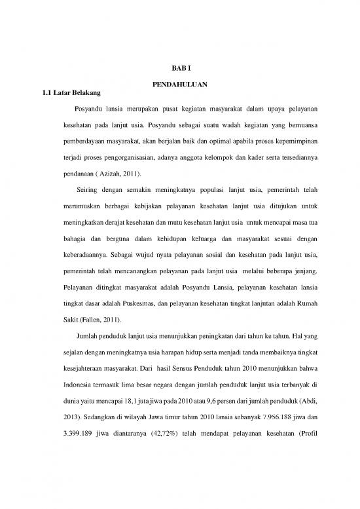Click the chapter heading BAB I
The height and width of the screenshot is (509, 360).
[x=179, y=67]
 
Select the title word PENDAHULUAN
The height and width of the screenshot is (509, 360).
[x=179, y=85]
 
